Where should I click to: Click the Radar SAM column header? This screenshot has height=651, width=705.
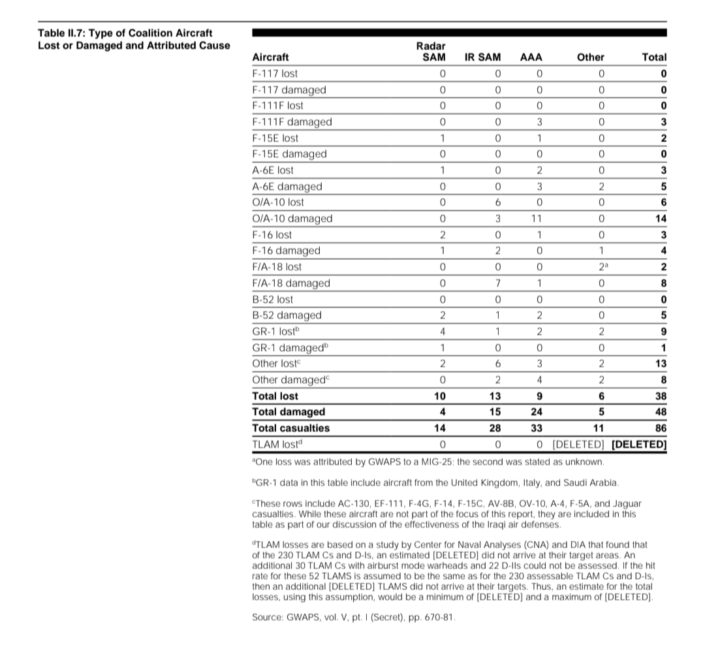[x=430, y=52]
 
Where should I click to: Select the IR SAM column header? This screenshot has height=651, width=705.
[x=482, y=57]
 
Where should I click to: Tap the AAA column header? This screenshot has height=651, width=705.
[x=531, y=57]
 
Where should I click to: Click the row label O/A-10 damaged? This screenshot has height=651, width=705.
[x=292, y=219]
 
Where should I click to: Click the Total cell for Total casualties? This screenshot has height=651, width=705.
[x=660, y=428]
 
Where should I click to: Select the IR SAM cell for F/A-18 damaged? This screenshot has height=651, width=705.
[x=497, y=283]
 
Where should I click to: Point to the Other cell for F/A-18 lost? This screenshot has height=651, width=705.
[x=602, y=267]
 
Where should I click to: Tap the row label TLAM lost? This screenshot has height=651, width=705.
[x=278, y=445]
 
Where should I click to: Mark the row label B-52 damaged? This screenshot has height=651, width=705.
[x=287, y=315]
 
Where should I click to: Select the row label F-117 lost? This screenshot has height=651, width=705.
[x=274, y=74]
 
